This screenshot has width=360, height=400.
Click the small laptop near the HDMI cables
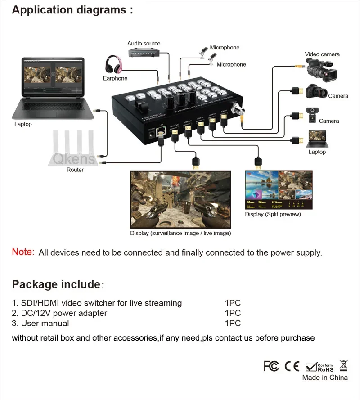318,139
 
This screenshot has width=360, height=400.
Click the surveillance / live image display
180,199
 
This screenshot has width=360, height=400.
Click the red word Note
23,252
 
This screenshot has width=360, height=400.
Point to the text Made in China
325,378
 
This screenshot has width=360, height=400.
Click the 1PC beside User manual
233,324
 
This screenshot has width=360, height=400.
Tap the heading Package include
56,285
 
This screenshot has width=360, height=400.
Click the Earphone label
115,78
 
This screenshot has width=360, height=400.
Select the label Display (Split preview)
273,214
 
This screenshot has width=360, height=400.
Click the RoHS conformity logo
319,367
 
